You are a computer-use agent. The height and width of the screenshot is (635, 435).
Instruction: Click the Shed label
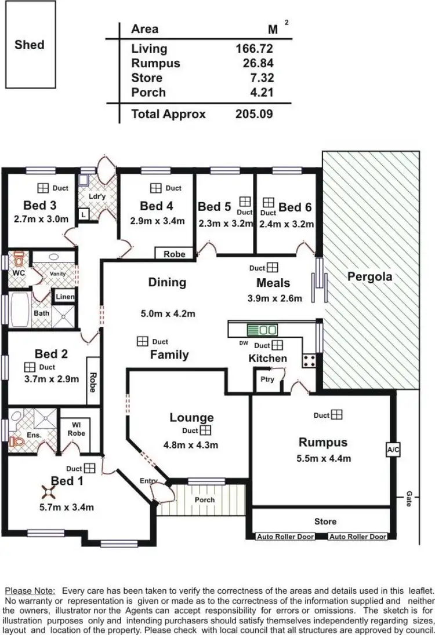(x=30, y=45)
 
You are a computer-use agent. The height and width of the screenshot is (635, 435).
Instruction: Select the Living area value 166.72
(x=254, y=49)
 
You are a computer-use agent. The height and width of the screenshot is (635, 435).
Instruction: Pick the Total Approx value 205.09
(x=254, y=114)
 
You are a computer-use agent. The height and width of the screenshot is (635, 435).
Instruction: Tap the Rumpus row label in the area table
(x=155, y=63)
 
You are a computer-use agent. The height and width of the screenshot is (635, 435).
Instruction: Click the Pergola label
(x=369, y=276)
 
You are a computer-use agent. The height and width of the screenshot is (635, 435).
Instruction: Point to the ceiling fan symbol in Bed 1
(x=46, y=492)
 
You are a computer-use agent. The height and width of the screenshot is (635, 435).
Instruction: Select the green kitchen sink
(x=262, y=330)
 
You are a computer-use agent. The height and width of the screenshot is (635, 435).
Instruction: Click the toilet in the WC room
(x=19, y=258)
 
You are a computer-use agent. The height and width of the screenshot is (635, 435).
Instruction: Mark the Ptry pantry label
(x=266, y=379)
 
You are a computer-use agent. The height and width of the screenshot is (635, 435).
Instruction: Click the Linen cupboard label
(x=65, y=297)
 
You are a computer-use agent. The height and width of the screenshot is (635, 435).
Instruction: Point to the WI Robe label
(x=76, y=429)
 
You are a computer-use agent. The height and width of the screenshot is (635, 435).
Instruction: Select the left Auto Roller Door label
(x=285, y=537)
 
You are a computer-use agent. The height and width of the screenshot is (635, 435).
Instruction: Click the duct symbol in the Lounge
(x=205, y=430)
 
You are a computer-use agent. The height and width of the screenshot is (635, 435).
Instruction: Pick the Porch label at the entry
(x=204, y=499)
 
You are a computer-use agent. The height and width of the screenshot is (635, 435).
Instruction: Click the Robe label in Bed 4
(x=174, y=254)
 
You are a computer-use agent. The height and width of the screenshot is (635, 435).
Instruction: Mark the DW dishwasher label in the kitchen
(x=243, y=344)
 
